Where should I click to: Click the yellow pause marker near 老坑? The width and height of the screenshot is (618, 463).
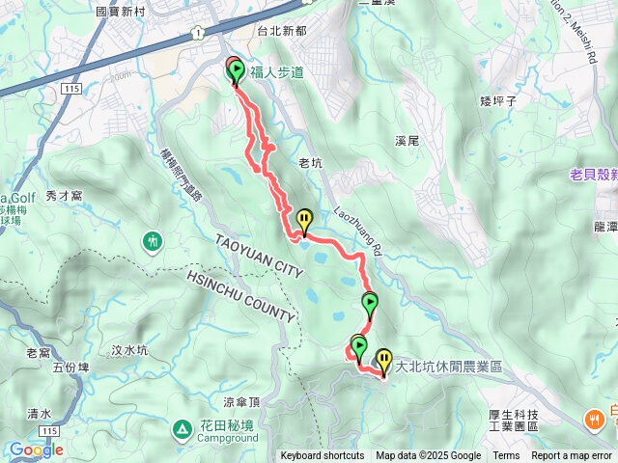pyautogui.click(x=305, y=221)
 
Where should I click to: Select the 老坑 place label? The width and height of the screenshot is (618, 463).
pyautogui.click(x=311, y=164)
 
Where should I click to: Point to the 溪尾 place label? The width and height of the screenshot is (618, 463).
pyautogui.click(x=407, y=141)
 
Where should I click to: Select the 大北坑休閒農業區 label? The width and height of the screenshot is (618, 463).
pyautogui.click(x=450, y=368)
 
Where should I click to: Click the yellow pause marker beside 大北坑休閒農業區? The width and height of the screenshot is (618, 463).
pyautogui.click(x=384, y=362)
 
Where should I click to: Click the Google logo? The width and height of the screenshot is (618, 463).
pyautogui.click(x=36, y=449)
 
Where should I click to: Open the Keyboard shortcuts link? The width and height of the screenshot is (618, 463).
pyautogui.click(x=323, y=456)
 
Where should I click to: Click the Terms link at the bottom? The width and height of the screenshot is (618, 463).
pyautogui.click(x=506, y=456)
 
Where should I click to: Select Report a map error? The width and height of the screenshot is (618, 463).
pyautogui.click(x=573, y=456)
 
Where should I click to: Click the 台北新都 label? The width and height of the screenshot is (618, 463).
pyautogui.click(x=282, y=31)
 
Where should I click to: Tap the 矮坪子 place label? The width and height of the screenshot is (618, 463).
pyautogui.click(x=500, y=99)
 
